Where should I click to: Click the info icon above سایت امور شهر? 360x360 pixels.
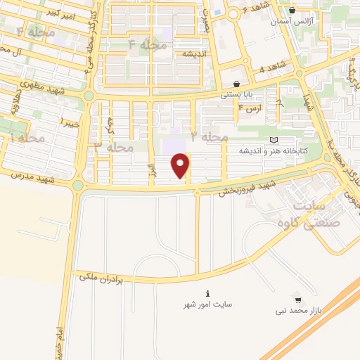point(207,293)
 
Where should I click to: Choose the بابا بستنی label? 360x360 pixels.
point(236,94)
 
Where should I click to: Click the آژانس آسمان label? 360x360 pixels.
point(291,22)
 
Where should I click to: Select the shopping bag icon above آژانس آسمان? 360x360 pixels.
point(292,11)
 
